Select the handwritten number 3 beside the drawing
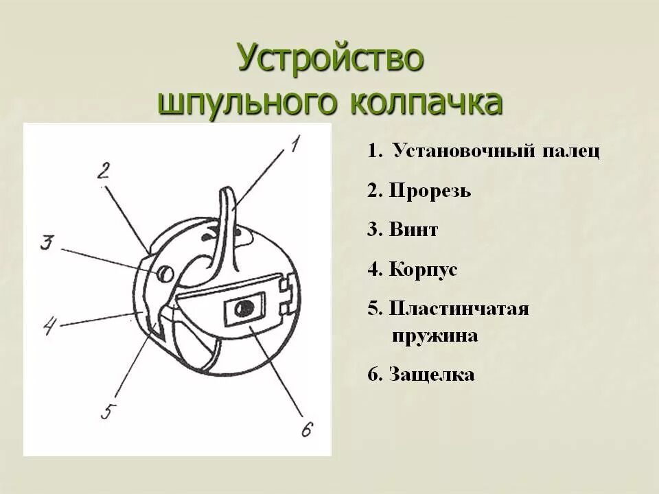pyautogui.click(x=47, y=244)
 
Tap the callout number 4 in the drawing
pyautogui.click(x=49, y=324)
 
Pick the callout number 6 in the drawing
pyautogui.click(x=306, y=430)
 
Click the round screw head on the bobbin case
pyautogui.click(x=165, y=272)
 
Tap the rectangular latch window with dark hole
pyautogui.click(x=244, y=309)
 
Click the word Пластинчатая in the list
pyautogui.click(x=459, y=308)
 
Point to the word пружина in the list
pyautogui.click(x=435, y=336)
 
